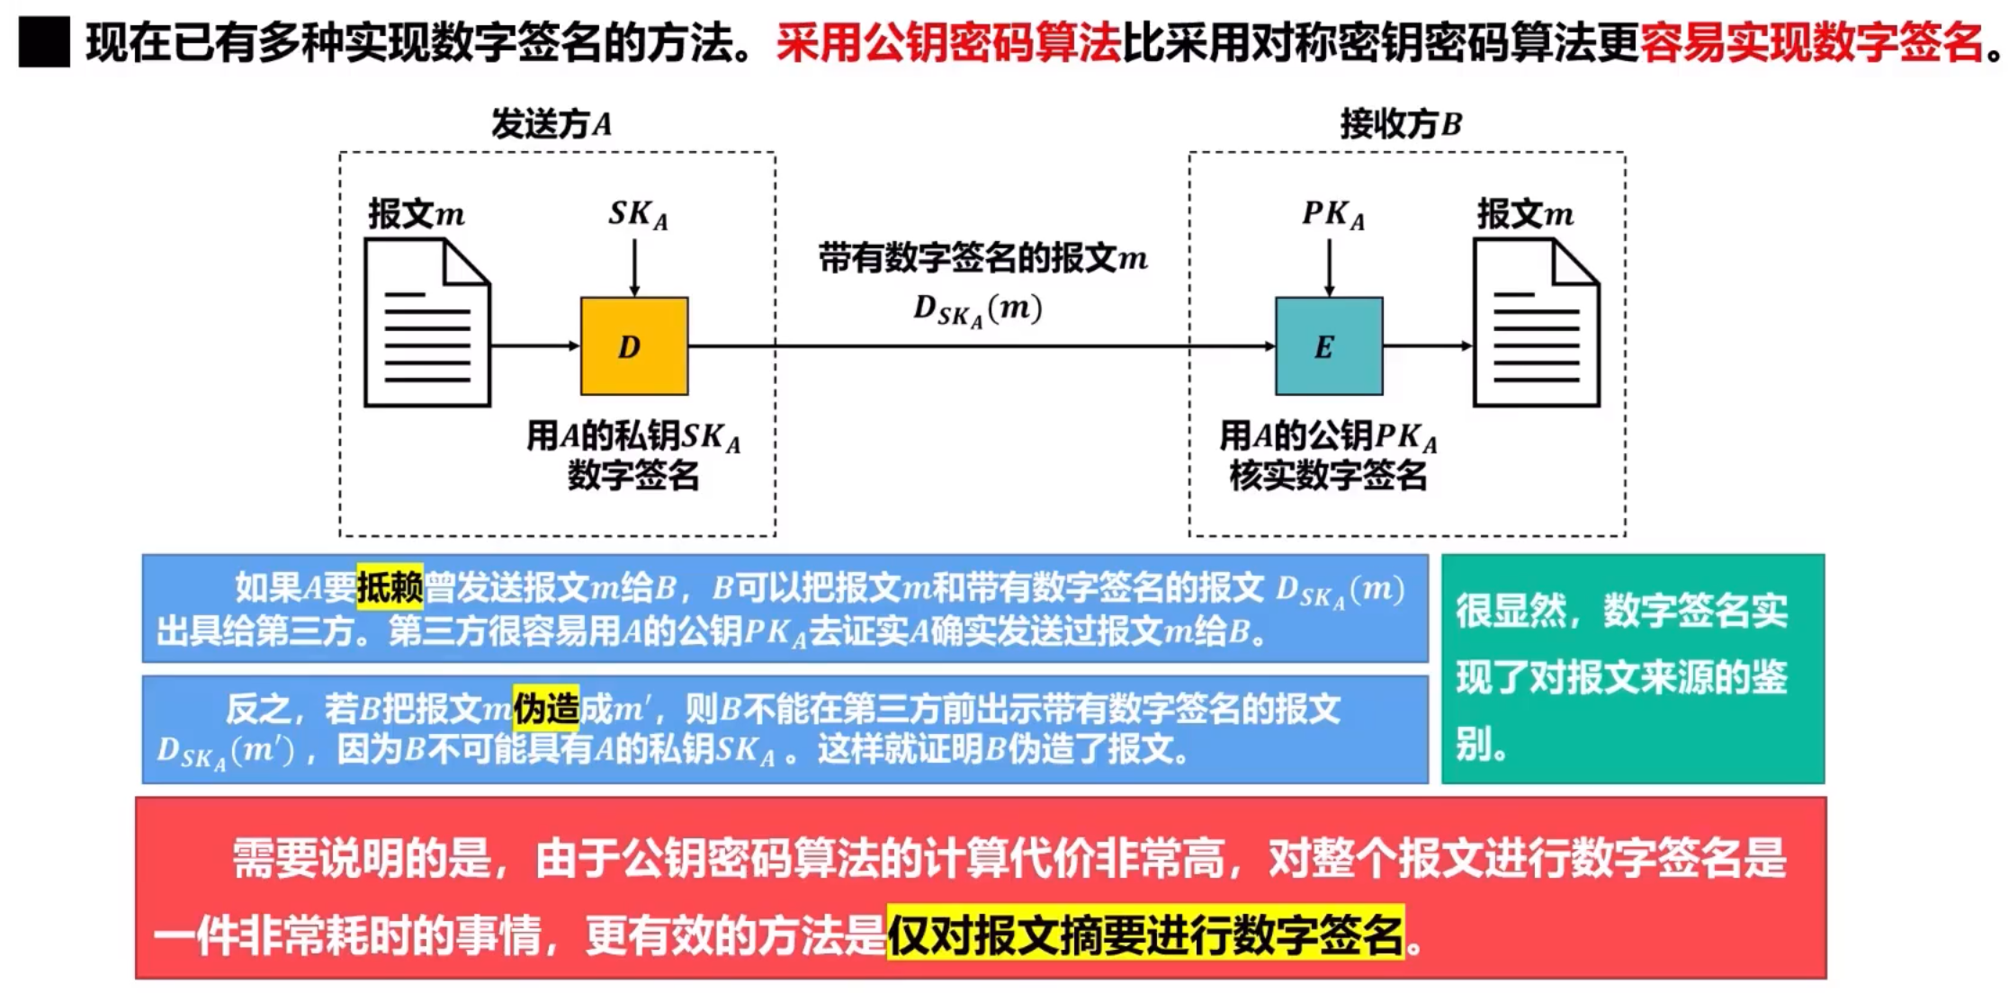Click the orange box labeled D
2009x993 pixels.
(634, 346)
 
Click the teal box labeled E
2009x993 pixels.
(1329, 346)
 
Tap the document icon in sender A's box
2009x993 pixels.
(427, 323)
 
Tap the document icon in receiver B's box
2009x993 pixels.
(1536, 323)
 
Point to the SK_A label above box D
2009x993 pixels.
(638, 215)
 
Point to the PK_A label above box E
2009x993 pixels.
(1332, 215)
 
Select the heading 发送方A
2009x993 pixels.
(551, 123)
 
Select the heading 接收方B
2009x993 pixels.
(1401, 123)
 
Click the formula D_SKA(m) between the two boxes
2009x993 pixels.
(977, 310)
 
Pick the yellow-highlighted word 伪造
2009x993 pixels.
(546, 709)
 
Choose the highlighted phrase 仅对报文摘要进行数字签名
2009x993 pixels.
(1144, 934)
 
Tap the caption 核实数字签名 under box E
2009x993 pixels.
(1328, 475)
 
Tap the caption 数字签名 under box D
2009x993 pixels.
(633, 475)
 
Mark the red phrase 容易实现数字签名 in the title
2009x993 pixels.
(1810, 43)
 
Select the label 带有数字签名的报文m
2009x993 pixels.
(982, 259)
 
